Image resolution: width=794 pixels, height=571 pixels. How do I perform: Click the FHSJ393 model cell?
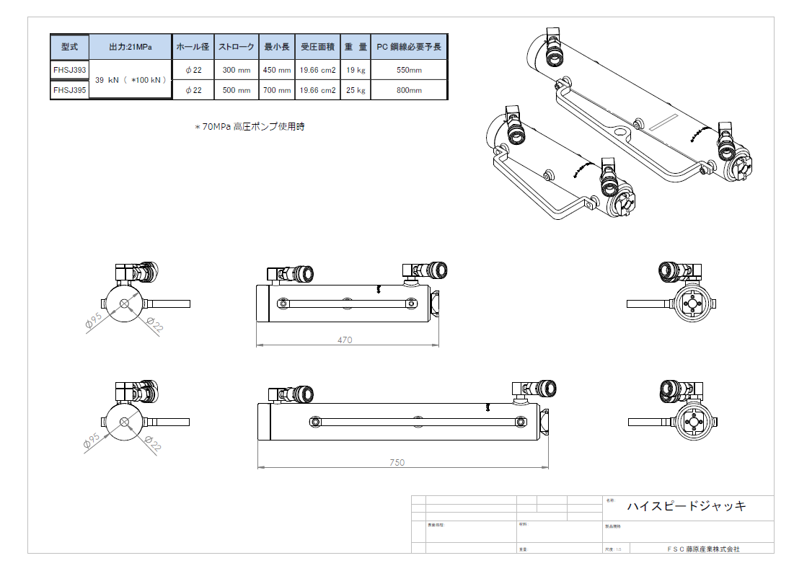pyautogui.click(x=69, y=70)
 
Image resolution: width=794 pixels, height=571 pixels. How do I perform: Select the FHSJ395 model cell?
pyautogui.click(x=69, y=90)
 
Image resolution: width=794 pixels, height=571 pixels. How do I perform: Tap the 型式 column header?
pyautogui.click(x=69, y=47)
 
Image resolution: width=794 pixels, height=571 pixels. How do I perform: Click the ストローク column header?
pyautogui.click(x=236, y=47)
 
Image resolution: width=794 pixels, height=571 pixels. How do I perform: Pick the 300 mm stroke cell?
pyautogui.click(x=236, y=71)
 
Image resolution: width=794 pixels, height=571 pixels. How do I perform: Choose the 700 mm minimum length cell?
pyautogui.click(x=277, y=91)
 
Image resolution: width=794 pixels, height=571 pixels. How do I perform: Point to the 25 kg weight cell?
pyautogui.click(x=356, y=91)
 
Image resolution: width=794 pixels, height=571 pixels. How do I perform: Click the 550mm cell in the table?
pyautogui.click(x=409, y=71)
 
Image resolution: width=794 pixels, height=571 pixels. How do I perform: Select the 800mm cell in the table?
pyautogui.click(x=409, y=91)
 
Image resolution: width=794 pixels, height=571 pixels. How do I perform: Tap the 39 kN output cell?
pyautogui.click(x=130, y=80)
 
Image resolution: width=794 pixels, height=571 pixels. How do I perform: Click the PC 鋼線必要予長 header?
pyautogui.click(x=409, y=47)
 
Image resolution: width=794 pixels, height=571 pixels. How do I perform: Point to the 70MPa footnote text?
pyautogui.click(x=250, y=127)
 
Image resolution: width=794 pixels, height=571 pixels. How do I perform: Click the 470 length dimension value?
pyautogui.click(x=345, y=340)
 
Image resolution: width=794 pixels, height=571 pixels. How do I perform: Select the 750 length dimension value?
pyautogui.click(x=397, y=462)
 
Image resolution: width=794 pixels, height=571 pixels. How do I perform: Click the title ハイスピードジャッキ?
pyautogui.click(x=686, y=506)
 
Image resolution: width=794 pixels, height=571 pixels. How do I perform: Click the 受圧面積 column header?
pyautogui.click(x=317, y=47)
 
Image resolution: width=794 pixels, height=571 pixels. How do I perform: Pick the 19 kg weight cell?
pyautogui.click(x=356, y=71)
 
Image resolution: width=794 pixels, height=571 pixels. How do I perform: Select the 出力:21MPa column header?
pyautogui.click(x=130, y=47)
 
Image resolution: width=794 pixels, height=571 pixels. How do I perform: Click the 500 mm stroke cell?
pyautogui.click(x=236, y=91)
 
